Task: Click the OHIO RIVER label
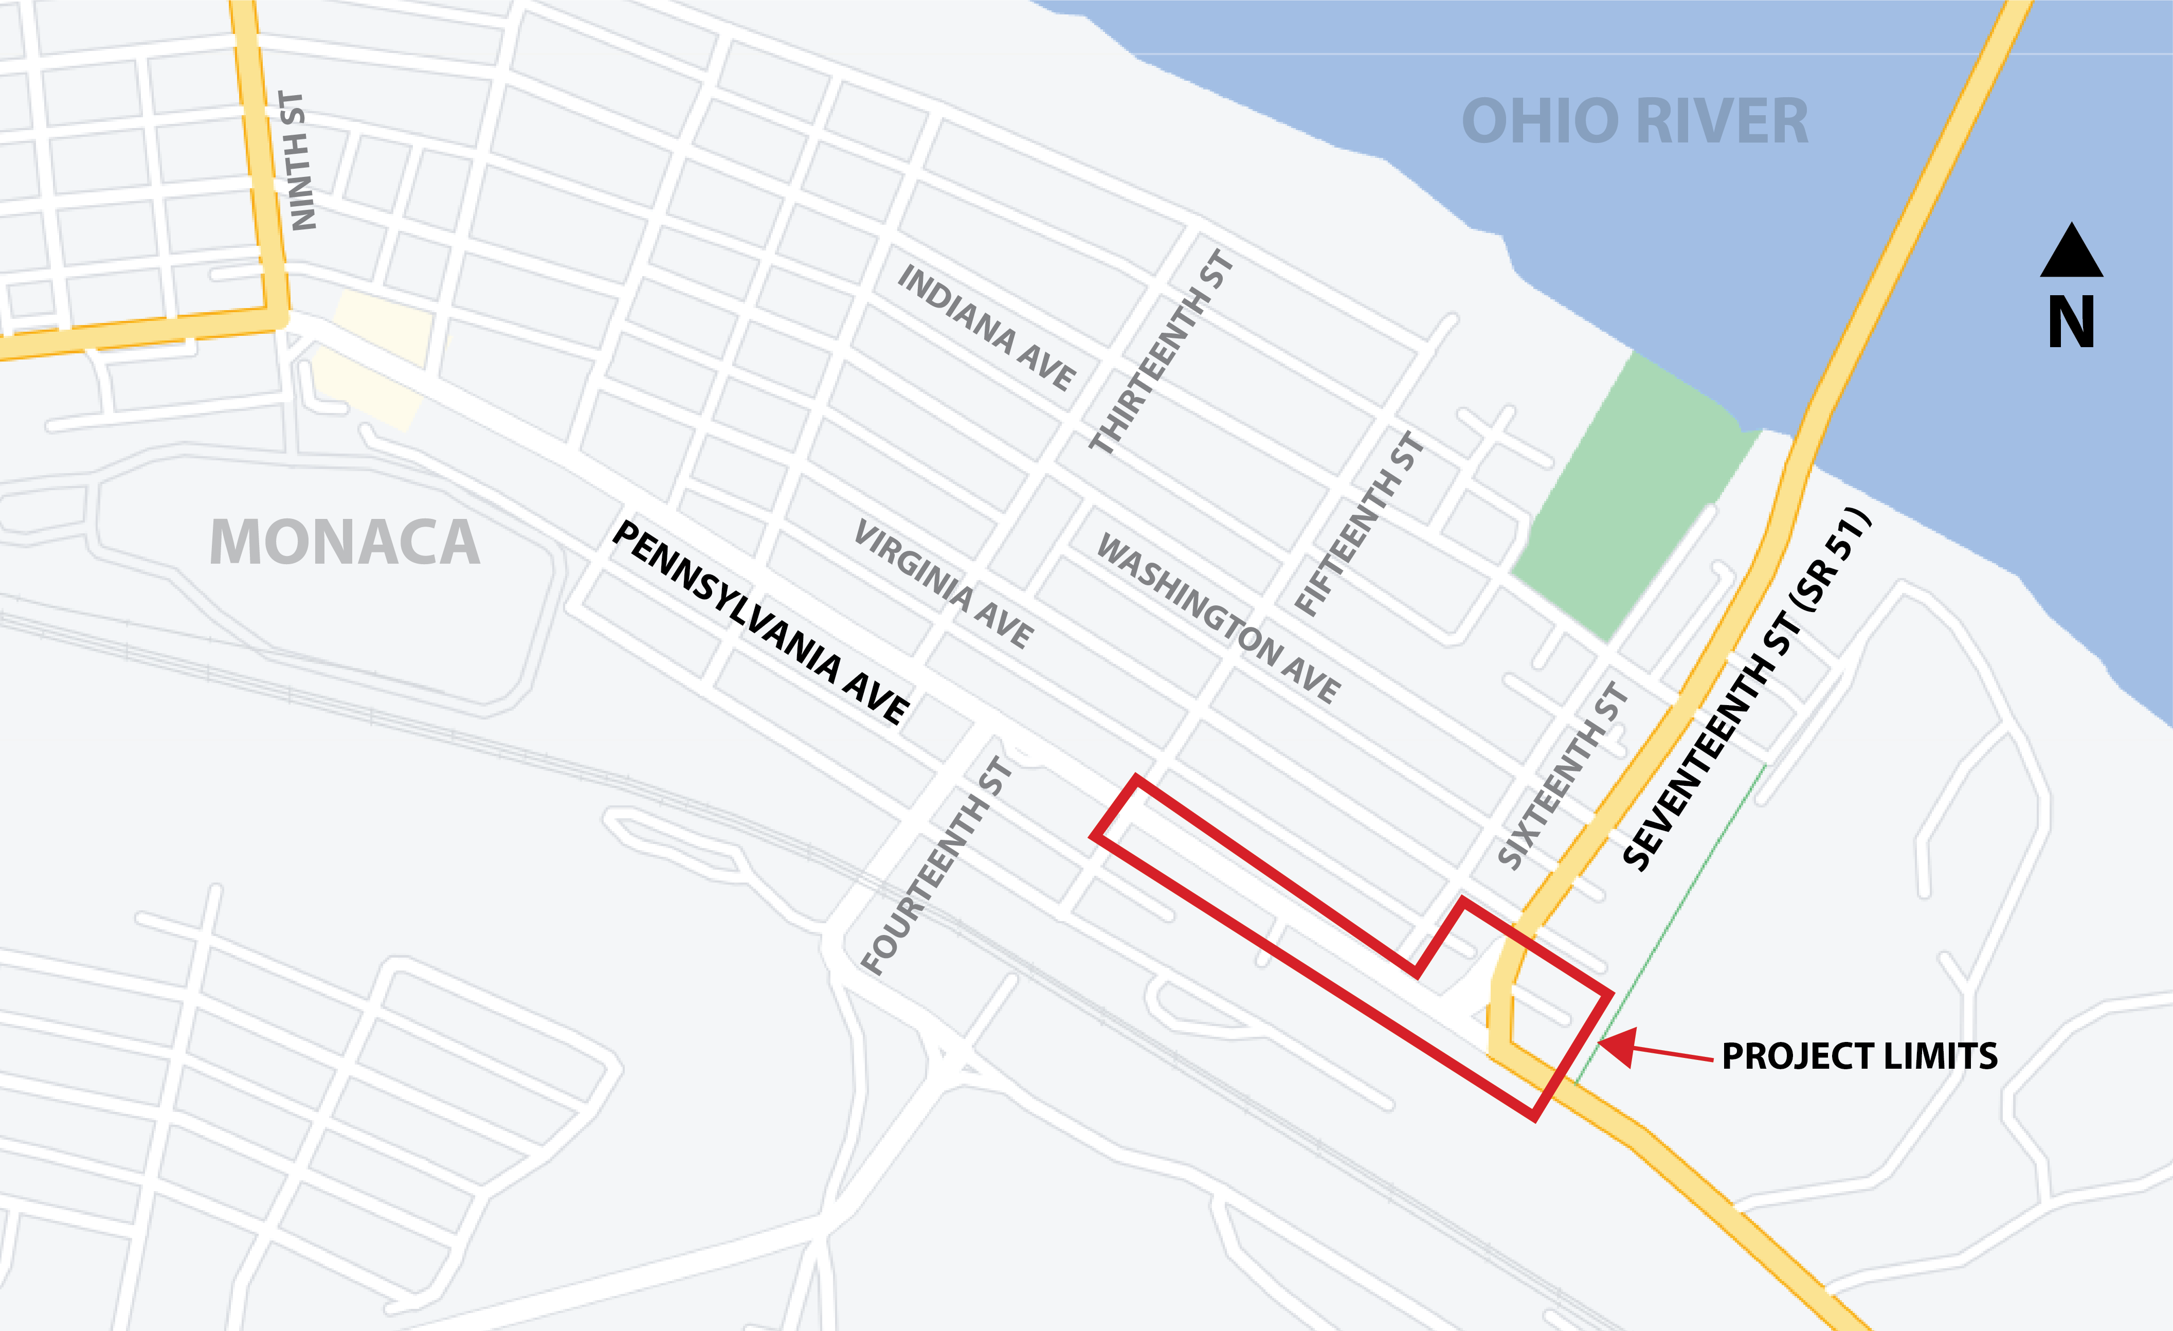[x=1634, y=122]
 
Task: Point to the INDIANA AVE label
[x=986, y=327]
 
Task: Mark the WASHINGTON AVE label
[x=1218, y=618]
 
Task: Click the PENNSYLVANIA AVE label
[x=760, y=623]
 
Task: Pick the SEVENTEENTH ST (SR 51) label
[x=1746, y=689]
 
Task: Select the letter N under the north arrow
[x=2071, y=323]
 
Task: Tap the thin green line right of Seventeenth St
[x=1676, y=918]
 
